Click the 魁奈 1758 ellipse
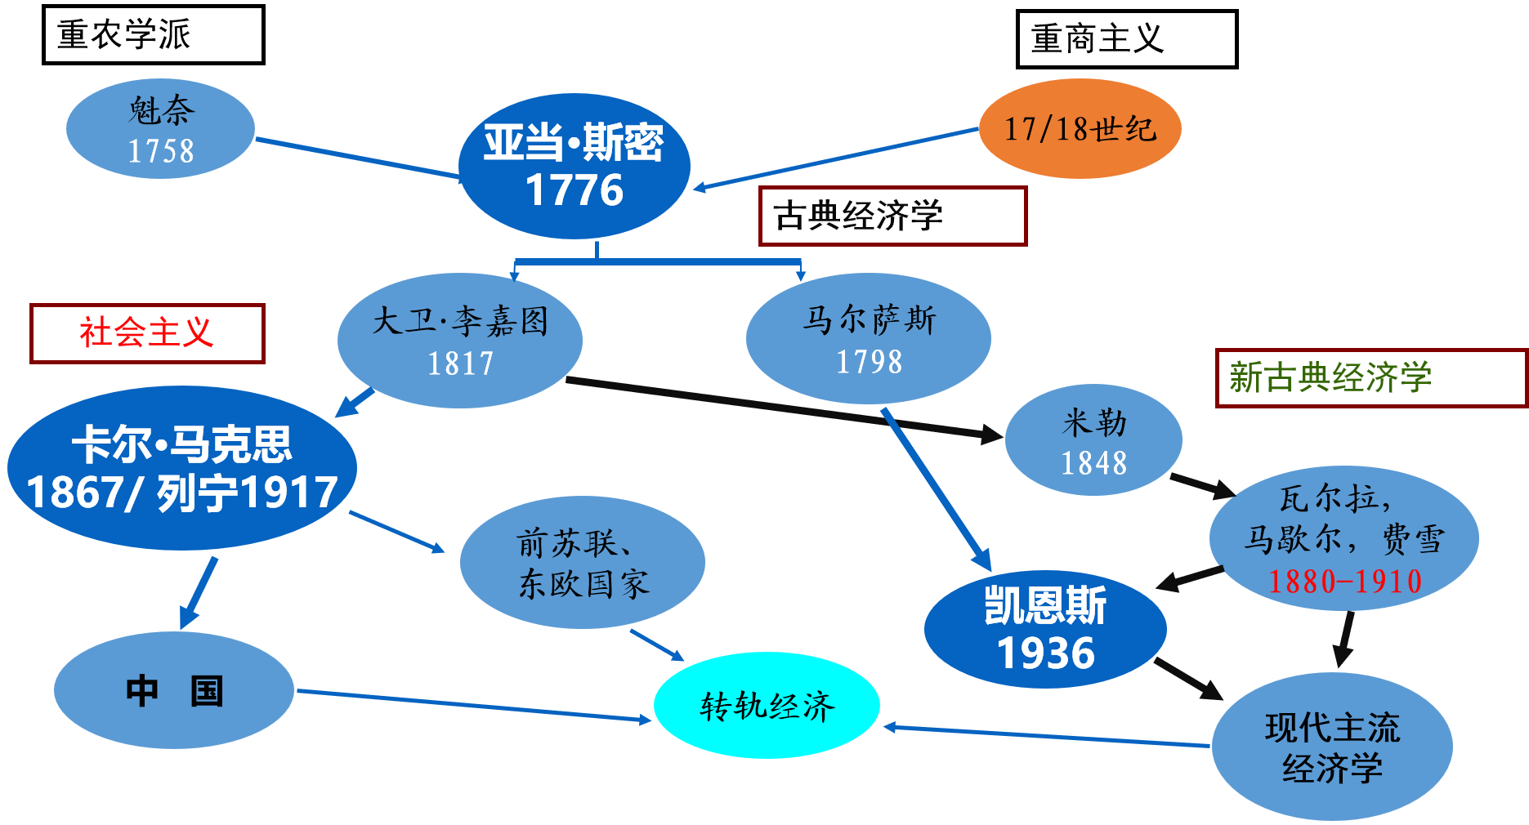pyautogui.click(x=160, y=129)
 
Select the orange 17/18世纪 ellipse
pyautogui.click(x=1080, y=128)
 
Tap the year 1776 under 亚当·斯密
pyautogui.click(x=574, y=191)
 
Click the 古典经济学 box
pyautogui.click(x=892, y=216)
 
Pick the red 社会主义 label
pyautogui.click(x=147, y=332)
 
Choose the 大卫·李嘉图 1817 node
pyautogui.click(x=460, y=341)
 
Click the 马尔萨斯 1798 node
pyautogui.click(x=869, y=339)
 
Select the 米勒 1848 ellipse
pyautogui.click(x=1093, y=441)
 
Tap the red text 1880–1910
pyautogui.click(x=1344, y=582)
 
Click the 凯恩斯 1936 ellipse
pyautogui.click(x=1045, y=629)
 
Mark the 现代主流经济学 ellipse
pyautogui.click(x=1332, y=747)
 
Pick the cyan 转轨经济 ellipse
pyautogui.click(x=767, y=706)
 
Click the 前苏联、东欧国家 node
pyautogui.click(x=583, y=563)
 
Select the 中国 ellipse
pyautogui.click(x=173, y=690)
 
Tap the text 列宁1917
pyautogui.click(x=247, y=493)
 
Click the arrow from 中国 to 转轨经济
pyautogui.click(x=474, y=706)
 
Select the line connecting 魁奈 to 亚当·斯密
pyautogui.click(x=356, y=157)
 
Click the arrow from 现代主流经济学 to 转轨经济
pyautogui.click(x=1046, y=736)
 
